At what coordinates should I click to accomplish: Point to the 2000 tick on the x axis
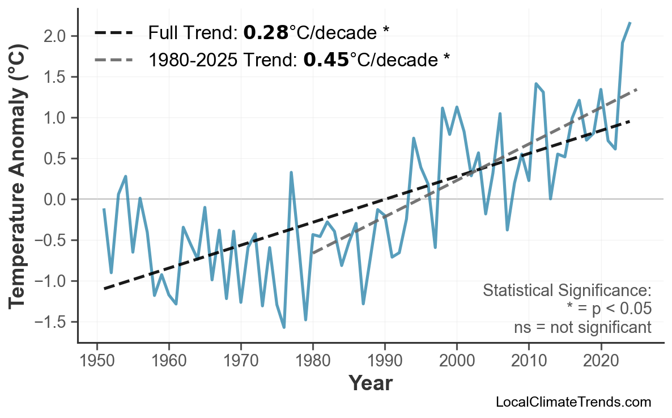[457, 361]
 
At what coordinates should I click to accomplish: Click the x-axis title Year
[370, 383]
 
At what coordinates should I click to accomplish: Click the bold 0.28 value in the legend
[265, 33]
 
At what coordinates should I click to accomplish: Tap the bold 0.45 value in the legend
[326, 59]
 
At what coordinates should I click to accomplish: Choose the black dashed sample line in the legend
[113, 33]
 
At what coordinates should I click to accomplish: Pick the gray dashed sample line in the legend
[113, 59]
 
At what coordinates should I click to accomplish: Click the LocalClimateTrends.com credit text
[573, 402]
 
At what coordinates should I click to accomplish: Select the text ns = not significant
[582, 327]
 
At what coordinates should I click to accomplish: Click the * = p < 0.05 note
[609, 309]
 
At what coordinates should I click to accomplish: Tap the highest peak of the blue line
[630, 23]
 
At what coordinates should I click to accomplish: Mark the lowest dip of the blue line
[284, 327]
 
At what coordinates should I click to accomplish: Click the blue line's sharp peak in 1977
[291, 172]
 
